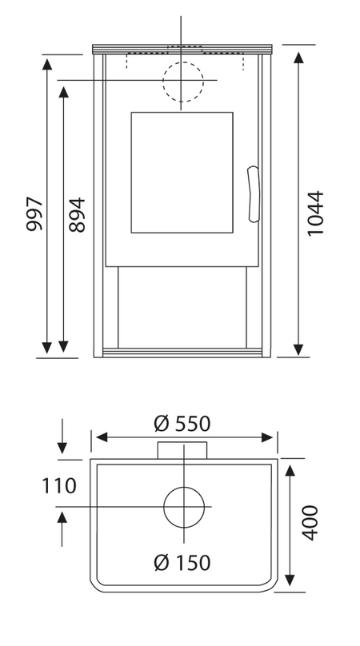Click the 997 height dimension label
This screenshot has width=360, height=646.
coord(34,214)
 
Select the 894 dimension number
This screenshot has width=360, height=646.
coord(77,214)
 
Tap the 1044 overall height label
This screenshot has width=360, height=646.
coord(316,213)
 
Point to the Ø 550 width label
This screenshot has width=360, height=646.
coord(182,424)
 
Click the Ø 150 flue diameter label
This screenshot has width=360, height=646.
coord(182,563)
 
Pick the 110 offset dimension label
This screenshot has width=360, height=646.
coord(59,486)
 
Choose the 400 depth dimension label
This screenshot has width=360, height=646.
coord(310,522)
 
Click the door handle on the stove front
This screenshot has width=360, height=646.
coord(254,194)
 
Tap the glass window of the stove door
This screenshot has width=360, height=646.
coord(182,172)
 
